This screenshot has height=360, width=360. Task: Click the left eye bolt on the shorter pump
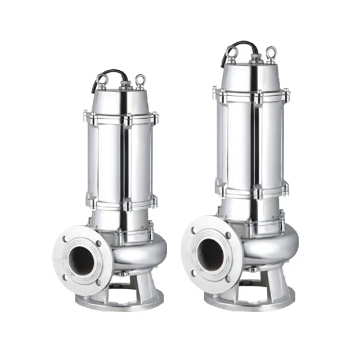[103, 81]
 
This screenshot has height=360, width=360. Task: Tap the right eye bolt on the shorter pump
[139, 80]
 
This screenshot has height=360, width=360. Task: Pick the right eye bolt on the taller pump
[271, 53]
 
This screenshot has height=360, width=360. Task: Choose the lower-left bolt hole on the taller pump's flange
[194, 273]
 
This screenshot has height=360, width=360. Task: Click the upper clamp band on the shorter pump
[121, 119]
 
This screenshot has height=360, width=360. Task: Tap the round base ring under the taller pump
[250, 299]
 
